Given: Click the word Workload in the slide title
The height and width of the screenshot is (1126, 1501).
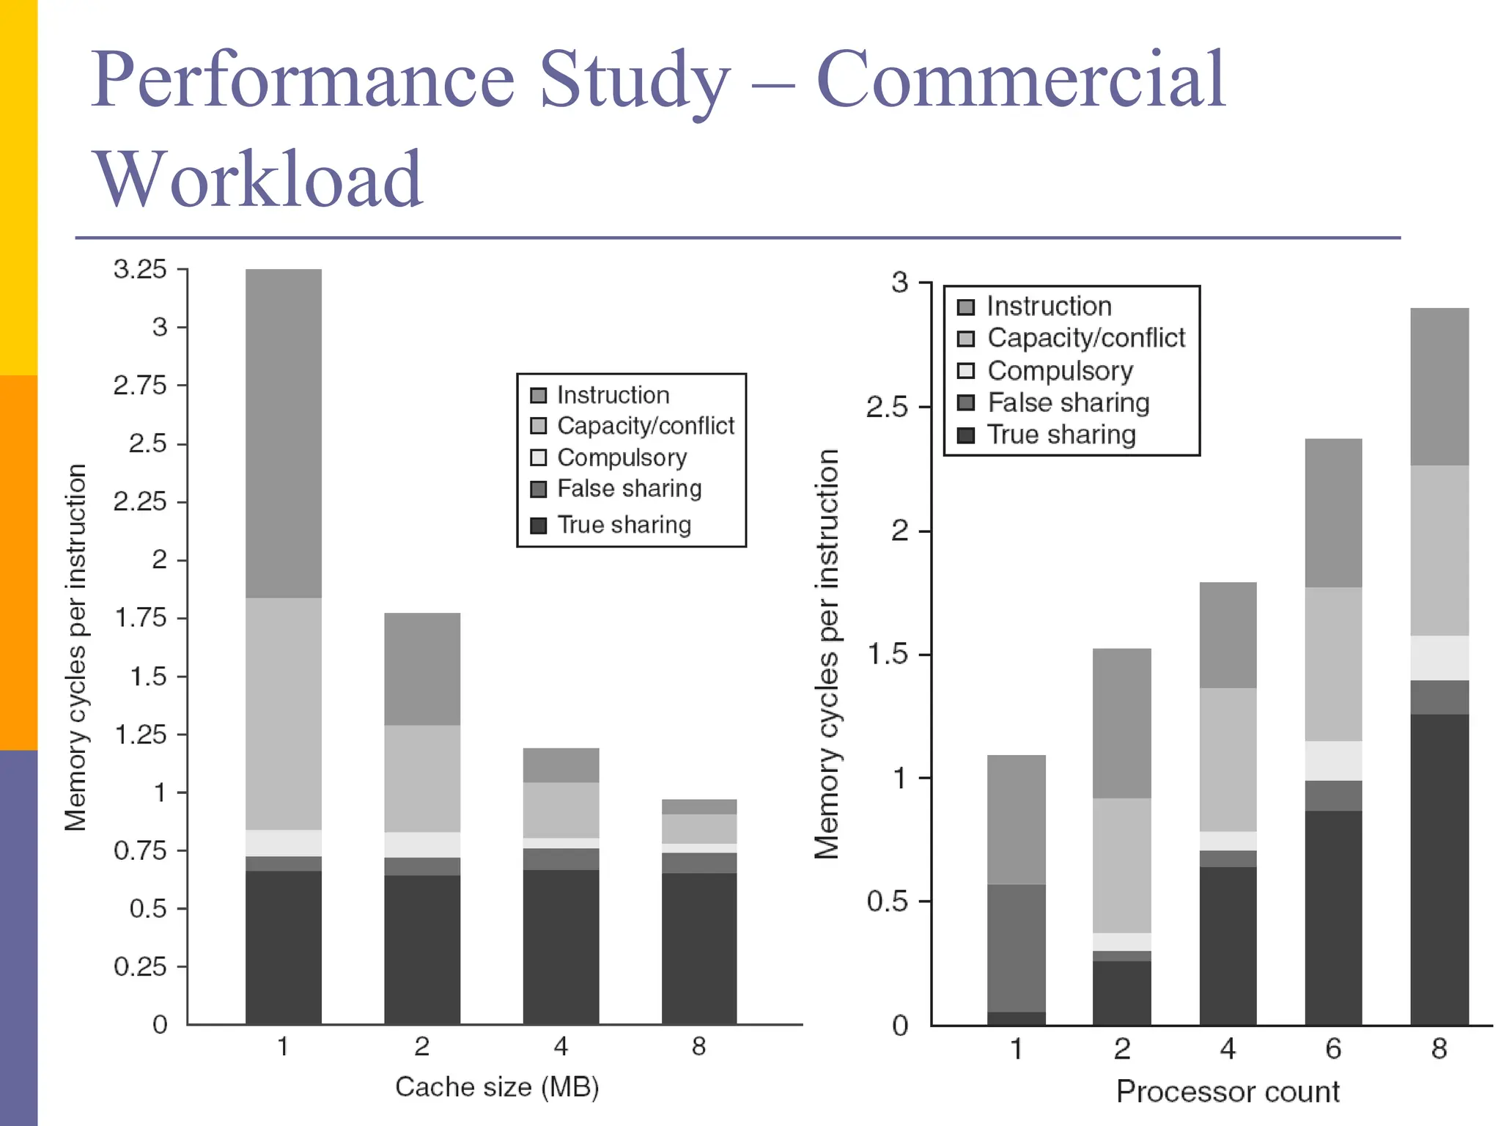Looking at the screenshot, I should pos(258,180).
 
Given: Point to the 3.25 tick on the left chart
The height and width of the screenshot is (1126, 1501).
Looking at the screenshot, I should pos(140,269).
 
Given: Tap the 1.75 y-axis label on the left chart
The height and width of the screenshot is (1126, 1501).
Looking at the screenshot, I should pos(140,618).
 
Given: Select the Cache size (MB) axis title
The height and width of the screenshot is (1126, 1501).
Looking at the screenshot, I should pos(497,1086).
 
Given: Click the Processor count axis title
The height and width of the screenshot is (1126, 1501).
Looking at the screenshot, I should pos(1228,1092).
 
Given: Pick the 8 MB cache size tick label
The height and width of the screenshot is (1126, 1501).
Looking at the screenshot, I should pos(698,1046).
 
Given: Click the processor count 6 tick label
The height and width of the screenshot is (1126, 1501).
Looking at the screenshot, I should pos(1333,1049).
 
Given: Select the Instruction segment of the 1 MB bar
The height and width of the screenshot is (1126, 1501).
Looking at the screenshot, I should pos(283,433).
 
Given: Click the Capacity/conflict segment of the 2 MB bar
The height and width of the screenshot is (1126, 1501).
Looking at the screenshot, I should pos(422,779).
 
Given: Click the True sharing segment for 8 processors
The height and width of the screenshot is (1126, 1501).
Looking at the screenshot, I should pos(1439,869).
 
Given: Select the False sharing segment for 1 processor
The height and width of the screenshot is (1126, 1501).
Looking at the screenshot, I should pos(1016,948).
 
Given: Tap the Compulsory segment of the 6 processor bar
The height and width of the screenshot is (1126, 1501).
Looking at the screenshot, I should pos(1333,760).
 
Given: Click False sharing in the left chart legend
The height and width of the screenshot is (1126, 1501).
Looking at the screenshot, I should pos(629,488).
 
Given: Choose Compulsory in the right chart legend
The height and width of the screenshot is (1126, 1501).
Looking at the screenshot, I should pos(1060,371).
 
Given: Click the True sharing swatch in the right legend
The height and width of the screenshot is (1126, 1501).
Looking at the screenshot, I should pos(966,435).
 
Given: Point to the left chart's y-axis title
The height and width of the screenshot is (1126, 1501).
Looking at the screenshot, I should pos(75,647).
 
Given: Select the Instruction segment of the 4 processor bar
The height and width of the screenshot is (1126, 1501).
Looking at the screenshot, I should pos(1228,635).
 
